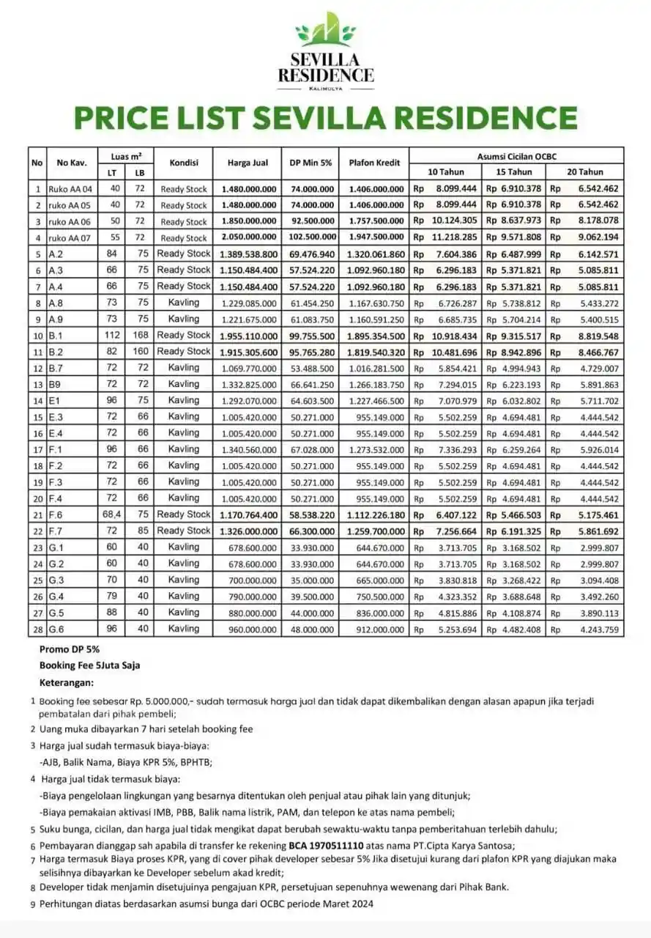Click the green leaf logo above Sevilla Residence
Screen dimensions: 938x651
tap(326, 32)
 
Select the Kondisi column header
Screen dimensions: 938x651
tap(184, 162)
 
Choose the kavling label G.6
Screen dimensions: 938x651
tap(56, 629)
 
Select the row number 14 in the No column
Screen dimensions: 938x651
tap(36, 400)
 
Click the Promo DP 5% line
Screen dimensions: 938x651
tap(70, 649)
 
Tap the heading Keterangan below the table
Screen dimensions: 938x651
tap(67, 682)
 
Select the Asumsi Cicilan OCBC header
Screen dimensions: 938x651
tap(516, 155)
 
